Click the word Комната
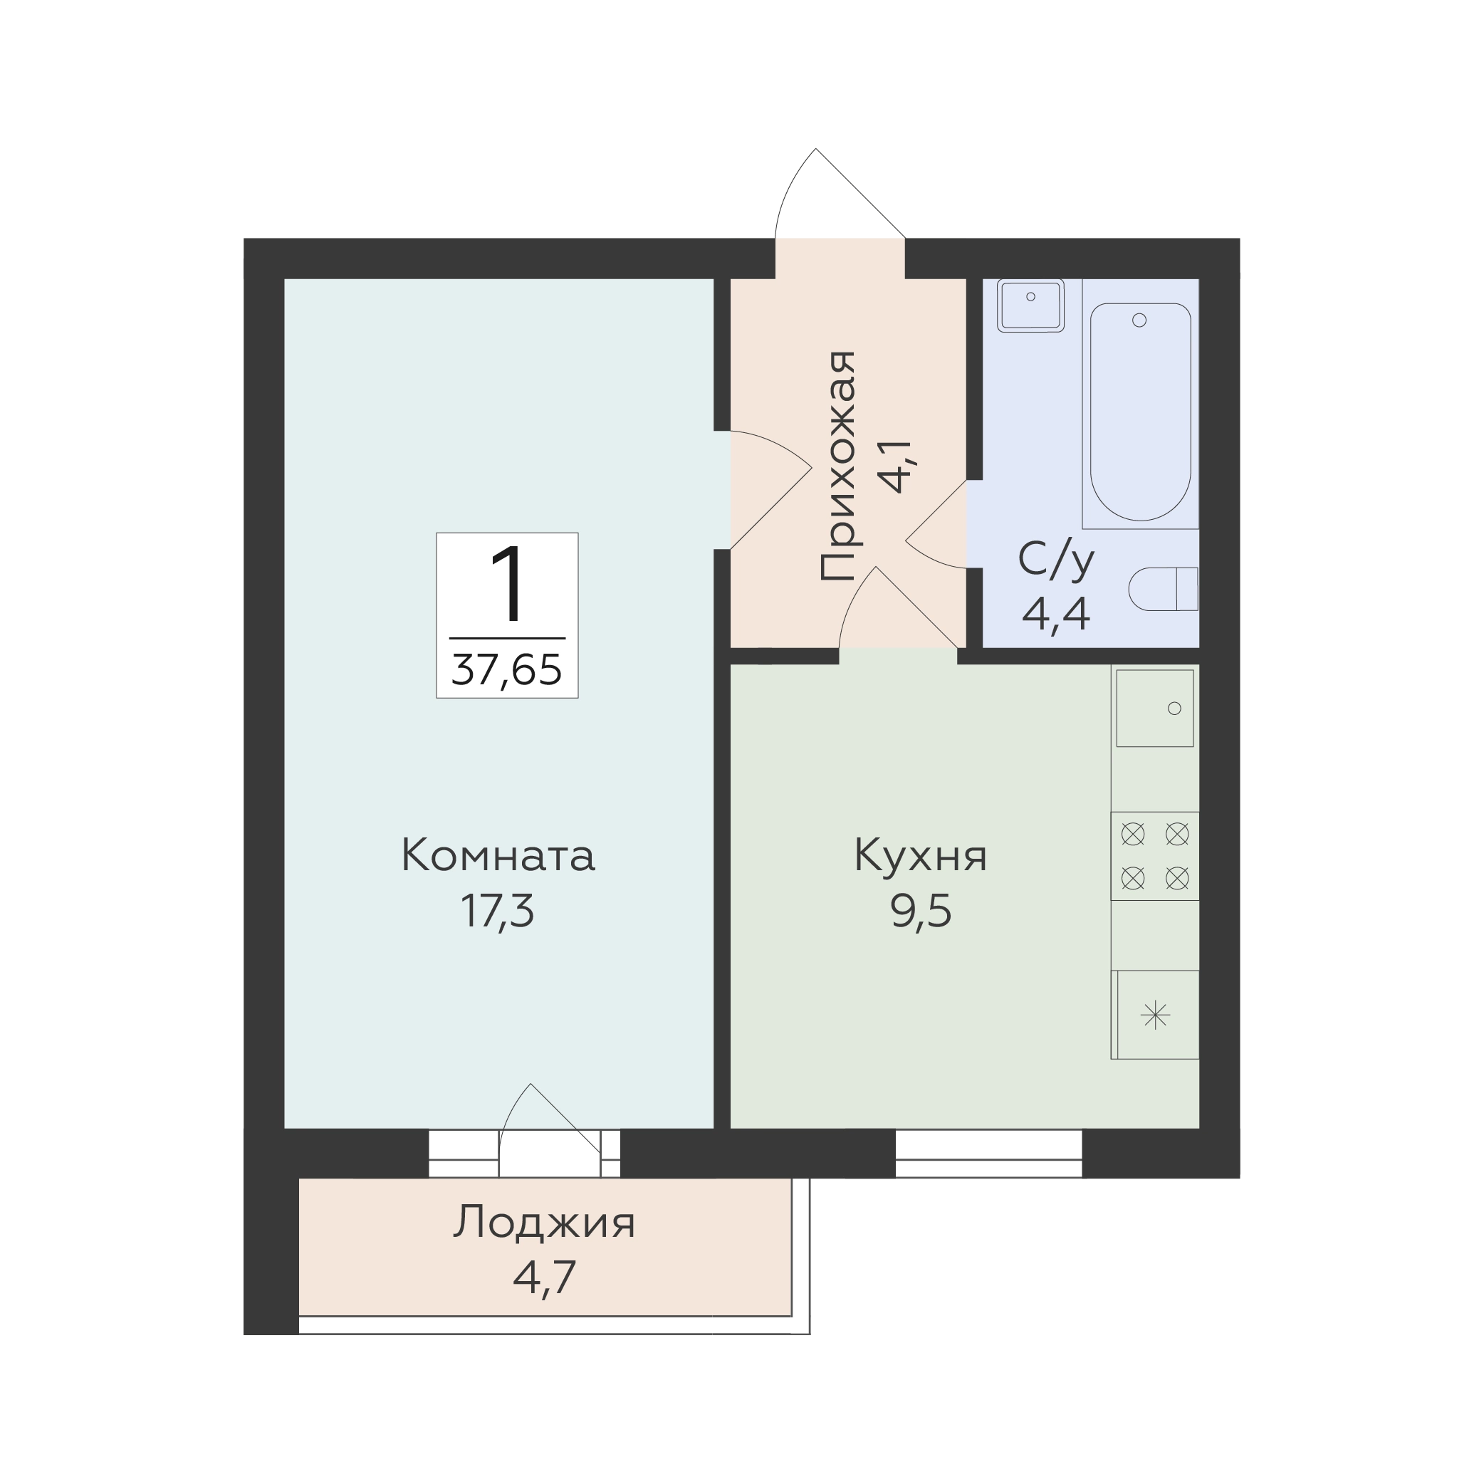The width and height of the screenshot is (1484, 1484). [x=498, y=856]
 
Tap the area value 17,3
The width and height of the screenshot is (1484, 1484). [x=497, y=911]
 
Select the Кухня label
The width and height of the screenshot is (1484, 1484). [x=920, y=857]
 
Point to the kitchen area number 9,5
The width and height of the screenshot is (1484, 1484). [x=921, y=911]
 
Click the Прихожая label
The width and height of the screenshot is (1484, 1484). [x=839, y=466]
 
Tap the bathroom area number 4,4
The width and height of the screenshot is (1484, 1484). [x=1056, y=614]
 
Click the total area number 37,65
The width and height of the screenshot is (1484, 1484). [x=507, y=670]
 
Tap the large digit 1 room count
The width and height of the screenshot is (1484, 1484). [x=507, y=584]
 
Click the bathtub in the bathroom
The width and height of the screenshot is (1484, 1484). [x=1141, y=412]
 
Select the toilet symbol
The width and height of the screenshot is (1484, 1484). [x=1163, y=589]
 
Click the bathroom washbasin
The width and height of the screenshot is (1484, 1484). [x=1030, y=305]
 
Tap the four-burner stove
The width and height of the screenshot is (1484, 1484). [x=1154, y=856]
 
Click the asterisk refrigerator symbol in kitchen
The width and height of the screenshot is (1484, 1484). [x=1155, y=1016]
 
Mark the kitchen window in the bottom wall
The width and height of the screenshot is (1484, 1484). [x=988, y=1154]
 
